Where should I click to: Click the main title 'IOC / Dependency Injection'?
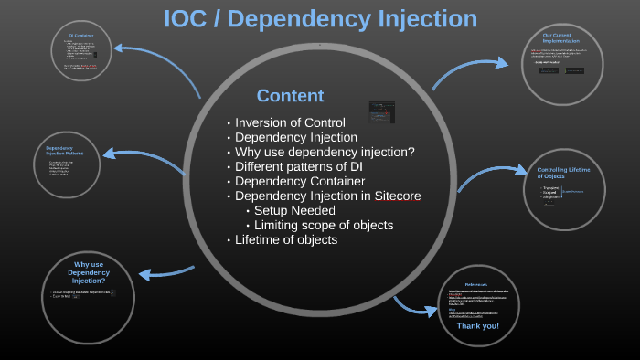pyautogui.click(x=320, y=18)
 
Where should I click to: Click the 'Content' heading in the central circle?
pyautogui.click(x=290, y=96)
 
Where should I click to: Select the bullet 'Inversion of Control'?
pyautogui.click(x=290, y=122)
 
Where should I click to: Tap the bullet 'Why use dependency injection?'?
pyautogui.click(x=325, y=152)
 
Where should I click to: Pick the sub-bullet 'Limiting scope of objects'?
pyautogui.click(x=324, y=225)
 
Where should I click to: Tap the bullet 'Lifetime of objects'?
pyautogui.click(x=286, y=239)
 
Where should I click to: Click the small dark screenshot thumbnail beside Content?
pyautogui.click(x=381, y=112)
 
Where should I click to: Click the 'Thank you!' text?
pyautogui.click(x=477, y=325)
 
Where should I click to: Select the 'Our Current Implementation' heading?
pyautogui.click(x=560, y=37)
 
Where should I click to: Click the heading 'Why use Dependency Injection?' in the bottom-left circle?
pyautogui.click(x=88, y=272)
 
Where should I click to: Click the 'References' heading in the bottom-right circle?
pyautogui.click(x=479, y=283)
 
